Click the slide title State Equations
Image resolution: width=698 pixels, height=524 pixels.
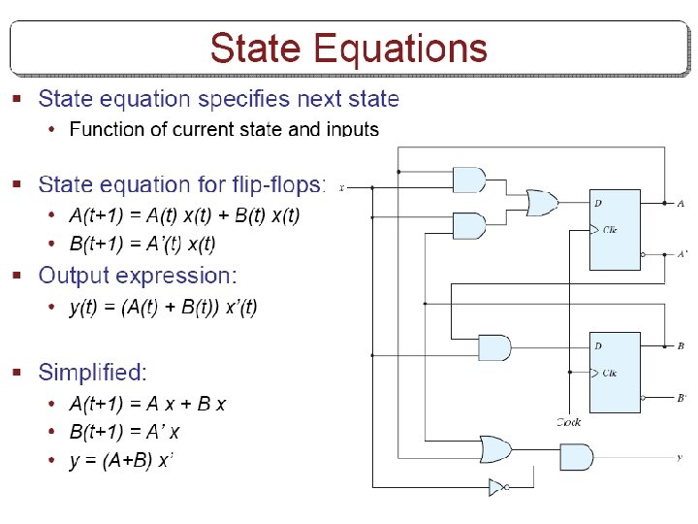[348, 49]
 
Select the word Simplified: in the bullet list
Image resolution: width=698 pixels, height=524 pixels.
[93, 373]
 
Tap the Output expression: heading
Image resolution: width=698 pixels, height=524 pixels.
[139, 276]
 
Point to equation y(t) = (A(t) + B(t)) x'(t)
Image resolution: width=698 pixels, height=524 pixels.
[164, 308]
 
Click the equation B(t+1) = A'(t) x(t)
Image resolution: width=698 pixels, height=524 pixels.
[143, 244]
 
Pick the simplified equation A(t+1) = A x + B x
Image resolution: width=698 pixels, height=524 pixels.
[147, 404]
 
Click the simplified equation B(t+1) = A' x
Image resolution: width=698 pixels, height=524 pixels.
[124, 432]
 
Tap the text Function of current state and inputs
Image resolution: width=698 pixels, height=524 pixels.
[224, 129]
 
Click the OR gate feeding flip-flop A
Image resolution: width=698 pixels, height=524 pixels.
[540, 203]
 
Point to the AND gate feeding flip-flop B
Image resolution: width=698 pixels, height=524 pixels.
[494, 347]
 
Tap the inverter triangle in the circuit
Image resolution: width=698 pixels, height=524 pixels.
[498, 486]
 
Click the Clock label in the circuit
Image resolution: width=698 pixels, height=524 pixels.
[569, 422]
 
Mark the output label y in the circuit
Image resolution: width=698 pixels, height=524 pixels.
[680, 455]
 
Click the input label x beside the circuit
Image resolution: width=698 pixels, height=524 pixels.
[342, 187]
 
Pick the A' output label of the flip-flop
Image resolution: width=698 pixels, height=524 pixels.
[682, 254]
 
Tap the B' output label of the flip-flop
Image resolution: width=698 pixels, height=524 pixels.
[682, 397]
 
